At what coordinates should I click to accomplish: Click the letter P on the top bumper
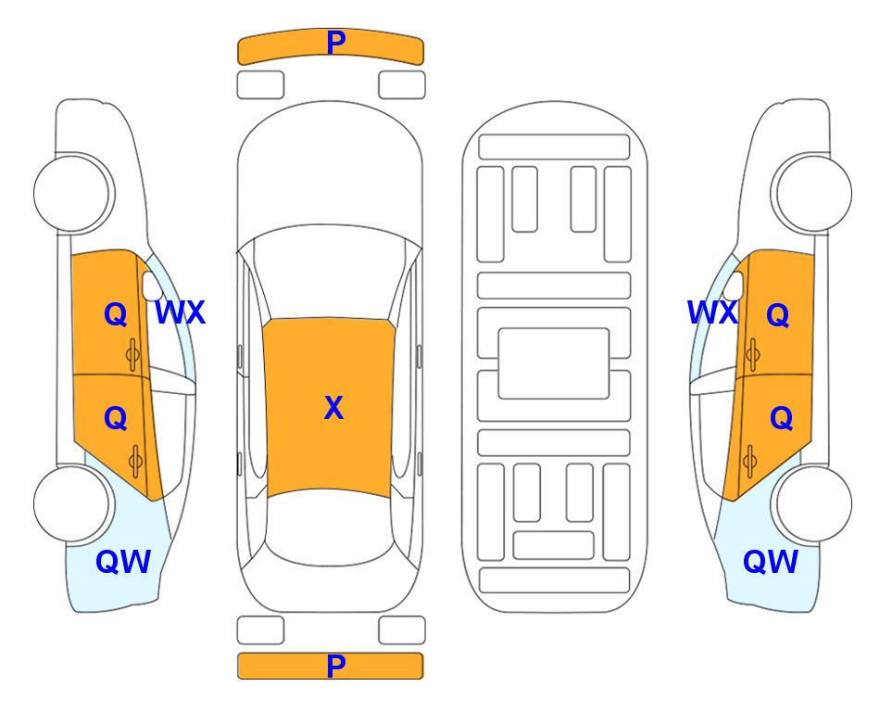pos(336,42)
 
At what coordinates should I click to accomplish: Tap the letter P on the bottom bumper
pos(336,666)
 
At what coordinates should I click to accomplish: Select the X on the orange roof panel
pos(333,408)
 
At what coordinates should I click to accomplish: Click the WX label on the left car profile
pos(180,312)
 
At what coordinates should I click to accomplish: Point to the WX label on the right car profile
pos(712,312)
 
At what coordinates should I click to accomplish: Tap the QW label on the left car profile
pos(123,562)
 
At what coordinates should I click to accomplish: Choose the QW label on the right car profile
pos(771,562)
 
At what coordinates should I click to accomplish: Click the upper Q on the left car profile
pos(115,314)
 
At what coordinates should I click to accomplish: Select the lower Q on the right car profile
pos(781,419)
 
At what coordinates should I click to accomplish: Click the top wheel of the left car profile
pos(72,193)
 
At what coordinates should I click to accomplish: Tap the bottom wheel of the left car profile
pos(72,503)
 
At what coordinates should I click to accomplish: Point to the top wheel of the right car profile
pos(813,193)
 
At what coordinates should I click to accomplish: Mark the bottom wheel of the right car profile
pos(813,503)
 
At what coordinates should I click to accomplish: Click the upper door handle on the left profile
pos(133,355)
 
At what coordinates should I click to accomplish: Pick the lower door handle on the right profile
pos(750,462)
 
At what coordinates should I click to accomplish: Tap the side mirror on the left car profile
pos(150,286)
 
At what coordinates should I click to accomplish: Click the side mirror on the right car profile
pos(735,286)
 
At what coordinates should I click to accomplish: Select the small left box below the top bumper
pos(260,85)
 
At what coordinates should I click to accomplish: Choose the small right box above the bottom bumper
pos(402,630)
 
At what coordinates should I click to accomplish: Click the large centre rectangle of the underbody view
pos(554,363)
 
